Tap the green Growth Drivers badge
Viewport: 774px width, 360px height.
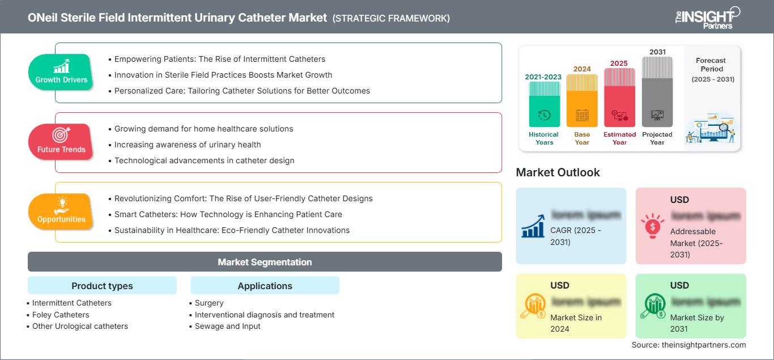click(61, 72)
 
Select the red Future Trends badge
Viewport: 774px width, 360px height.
click(61, 142)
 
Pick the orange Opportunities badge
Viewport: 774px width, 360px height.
click(61, 211)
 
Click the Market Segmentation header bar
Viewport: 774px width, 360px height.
click(265, 262)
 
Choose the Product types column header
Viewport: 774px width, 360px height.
click(102, 286)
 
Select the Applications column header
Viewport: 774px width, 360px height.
click(265, 286)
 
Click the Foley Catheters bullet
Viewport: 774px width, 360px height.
click(61, 315)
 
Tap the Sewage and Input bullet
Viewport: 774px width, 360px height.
click(228, 326)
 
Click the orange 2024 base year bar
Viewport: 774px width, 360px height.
click(582, 100)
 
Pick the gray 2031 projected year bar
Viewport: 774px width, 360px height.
click(657, 91)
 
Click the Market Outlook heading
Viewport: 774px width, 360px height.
click(558, 172)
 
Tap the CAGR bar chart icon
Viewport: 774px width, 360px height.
click(533, 226)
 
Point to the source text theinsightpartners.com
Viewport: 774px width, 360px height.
click(688, 345)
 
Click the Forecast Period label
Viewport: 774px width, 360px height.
click(711, 65)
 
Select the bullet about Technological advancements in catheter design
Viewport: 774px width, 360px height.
click(204, 160)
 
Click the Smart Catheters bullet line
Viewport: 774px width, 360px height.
click(228, 214)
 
